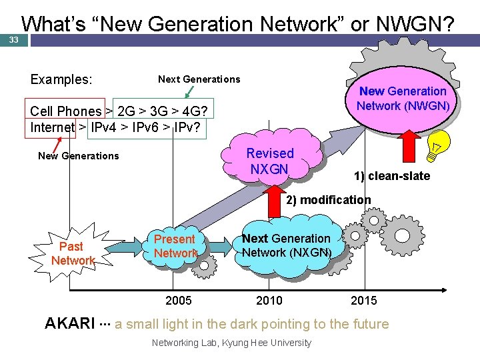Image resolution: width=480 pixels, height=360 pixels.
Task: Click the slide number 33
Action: (x=13, y=40)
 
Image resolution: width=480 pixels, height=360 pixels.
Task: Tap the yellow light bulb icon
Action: (x=441, y=145)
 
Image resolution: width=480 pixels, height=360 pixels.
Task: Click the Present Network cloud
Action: (x=175, y=246)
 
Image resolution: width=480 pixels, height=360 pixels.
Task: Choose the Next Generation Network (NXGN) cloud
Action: (x=286, y=245)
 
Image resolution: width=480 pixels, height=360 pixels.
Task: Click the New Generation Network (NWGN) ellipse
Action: (x=403, y=99)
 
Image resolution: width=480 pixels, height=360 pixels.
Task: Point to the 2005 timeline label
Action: (x=178, y=301)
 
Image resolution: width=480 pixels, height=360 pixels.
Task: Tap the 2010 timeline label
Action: (x=269, y=301)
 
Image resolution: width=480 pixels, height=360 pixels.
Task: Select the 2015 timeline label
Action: (x=363, y=301)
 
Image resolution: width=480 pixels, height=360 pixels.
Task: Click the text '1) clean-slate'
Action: (x=392, y=176)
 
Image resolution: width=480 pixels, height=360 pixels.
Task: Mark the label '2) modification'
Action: (x=329, y=200)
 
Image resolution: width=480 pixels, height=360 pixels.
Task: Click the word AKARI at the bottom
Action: (x=69, y=324)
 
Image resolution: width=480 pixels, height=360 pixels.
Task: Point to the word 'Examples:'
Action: (x=61, y=79)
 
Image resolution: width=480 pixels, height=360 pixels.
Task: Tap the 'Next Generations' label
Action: (x=199, y=79)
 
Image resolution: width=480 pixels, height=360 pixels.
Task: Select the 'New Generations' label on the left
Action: (x=79, y=156)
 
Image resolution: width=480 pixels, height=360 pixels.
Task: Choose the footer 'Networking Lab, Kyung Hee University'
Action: (x=231, y=343)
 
